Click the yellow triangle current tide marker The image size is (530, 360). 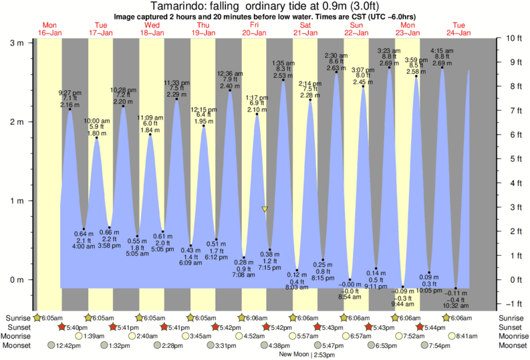coord(265,209)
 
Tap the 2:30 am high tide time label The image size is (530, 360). coord(336,55)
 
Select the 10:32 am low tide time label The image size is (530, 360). coord(455,305)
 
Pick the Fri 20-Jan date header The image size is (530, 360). coord(255,29)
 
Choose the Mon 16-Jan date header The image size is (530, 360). coord(49,29)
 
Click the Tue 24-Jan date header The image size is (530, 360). coord(460,29)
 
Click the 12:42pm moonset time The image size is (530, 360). coord(69,345)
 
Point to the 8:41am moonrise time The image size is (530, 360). coord(472,336)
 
